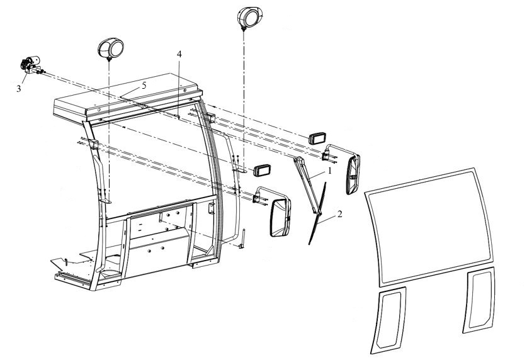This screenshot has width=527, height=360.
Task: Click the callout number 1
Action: click(x=330, y=171)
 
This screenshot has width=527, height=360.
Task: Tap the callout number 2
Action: click(x=339, y=214)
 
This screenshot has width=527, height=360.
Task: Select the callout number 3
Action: click(x=19, y=89)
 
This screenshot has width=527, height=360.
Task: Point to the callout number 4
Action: click(x=179, y=54)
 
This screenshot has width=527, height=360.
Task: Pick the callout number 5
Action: click(x=144, y=86)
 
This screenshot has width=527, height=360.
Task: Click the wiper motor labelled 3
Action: click(x=31, y=65)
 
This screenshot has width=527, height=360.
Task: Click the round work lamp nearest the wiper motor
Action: click(x=111, y=48)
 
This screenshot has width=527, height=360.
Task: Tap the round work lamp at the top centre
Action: click(x=250, y=18)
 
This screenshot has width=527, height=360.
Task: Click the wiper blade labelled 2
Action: click(x=317, y=213)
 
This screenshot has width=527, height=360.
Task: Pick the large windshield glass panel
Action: click(x=429, y=227)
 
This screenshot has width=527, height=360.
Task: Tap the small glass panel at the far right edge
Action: click(x=479, y=300)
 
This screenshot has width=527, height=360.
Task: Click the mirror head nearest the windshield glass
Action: click(x=353, y=174)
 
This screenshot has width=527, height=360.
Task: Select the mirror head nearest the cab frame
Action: click(x=280, y=218)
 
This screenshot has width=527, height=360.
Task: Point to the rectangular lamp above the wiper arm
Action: click(x=317, y=138)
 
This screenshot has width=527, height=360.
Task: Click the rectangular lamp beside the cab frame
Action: click(x=262, y=171)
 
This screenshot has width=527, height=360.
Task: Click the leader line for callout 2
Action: click(x=327, y=219)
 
